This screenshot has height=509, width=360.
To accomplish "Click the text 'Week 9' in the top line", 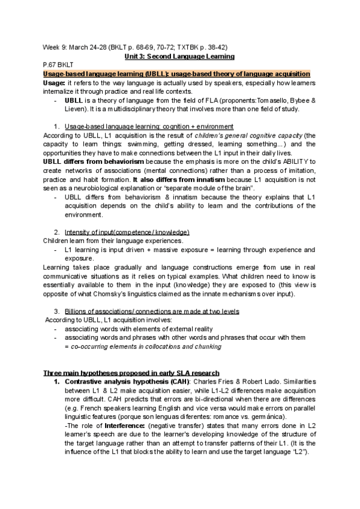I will point(52,47).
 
